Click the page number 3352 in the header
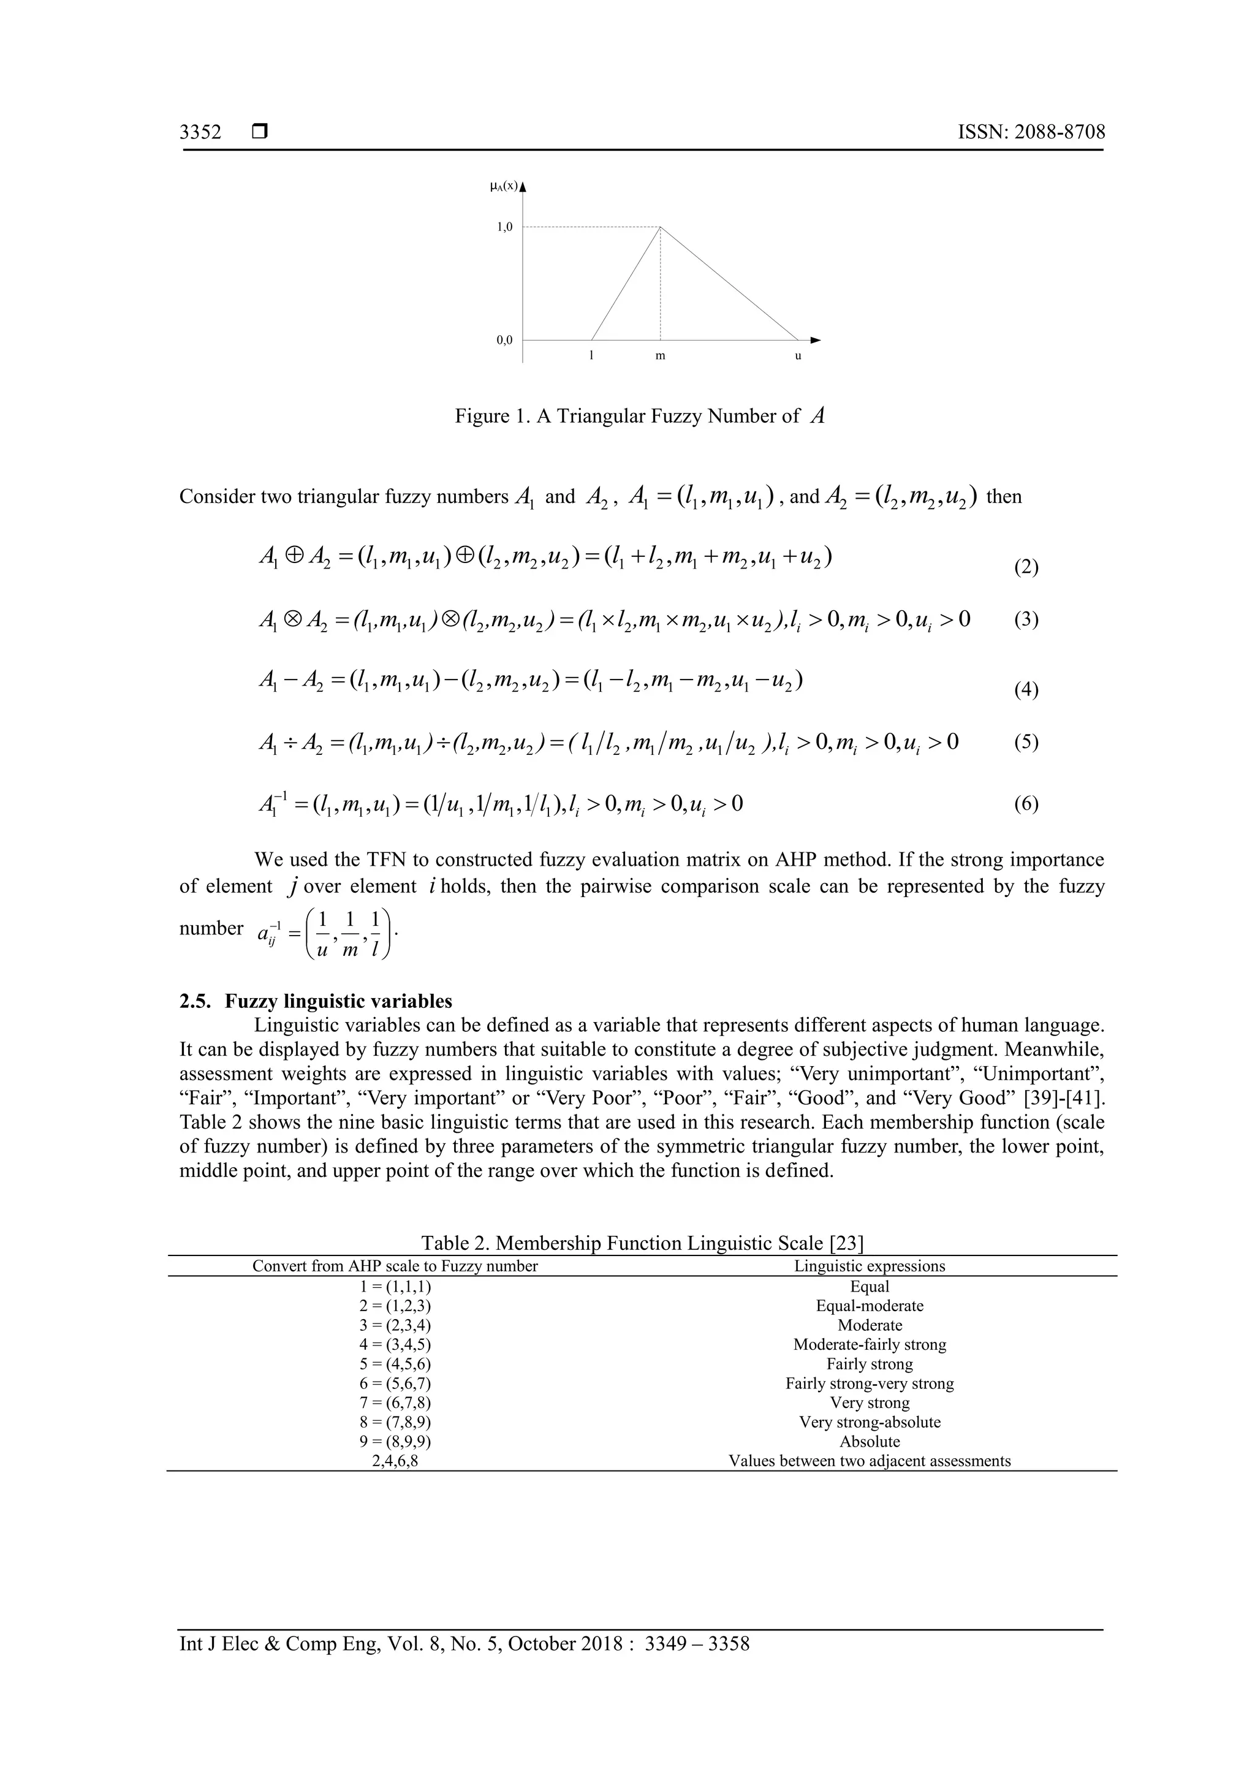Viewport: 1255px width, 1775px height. point(200,132)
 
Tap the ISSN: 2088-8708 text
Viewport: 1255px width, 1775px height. point(1031,132)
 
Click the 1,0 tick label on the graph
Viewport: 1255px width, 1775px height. point(504,227)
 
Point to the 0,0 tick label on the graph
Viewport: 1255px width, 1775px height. point(504,340)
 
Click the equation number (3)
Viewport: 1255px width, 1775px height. point(1026,620)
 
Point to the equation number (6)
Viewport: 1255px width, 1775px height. point(1026,804)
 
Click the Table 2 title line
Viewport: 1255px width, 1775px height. point(642,1243)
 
